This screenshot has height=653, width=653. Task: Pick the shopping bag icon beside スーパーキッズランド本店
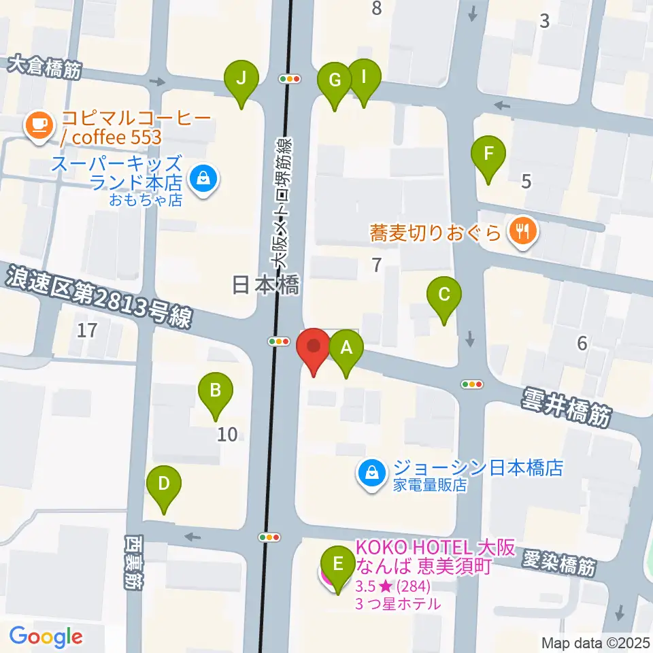coord(203,180)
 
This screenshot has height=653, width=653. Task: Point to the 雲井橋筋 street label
coord(567,407)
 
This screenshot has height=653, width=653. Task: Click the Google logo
coord(46,637)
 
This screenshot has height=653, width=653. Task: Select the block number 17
coord(87,331)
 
